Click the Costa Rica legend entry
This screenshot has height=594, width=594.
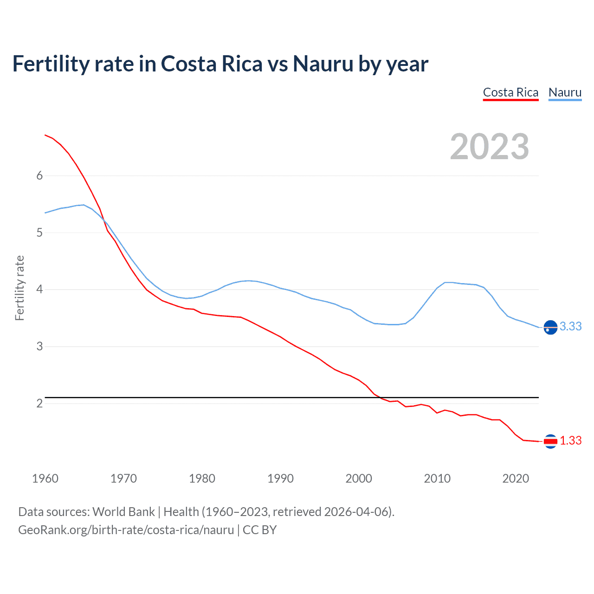tap(510, 92)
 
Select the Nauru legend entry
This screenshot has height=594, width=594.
tap(565, 92)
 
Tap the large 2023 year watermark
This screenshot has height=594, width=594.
tap(489, 147)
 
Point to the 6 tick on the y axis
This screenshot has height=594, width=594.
tap(39, 175)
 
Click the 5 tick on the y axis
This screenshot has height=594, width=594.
tap(39, 232)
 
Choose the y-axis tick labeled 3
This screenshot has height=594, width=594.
tap(39, 346)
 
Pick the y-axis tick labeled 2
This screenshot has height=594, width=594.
tap(39, 403)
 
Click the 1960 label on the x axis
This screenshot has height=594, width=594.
tap(45, 478)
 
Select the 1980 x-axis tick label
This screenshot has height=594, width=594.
tap(202, 478)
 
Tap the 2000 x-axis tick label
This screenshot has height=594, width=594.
tap(359, 478)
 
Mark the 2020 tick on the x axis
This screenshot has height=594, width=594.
tap(516, 478)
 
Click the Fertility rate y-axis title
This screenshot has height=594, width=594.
tap(19, 288)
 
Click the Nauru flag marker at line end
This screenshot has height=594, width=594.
tap(550, 327)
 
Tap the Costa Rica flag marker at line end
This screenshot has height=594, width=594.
tap(550, 441)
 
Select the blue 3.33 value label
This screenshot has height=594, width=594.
tap(570, 327)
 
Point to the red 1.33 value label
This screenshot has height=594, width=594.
tap(570, 441)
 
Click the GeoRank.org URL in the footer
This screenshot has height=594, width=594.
tap(126, 530)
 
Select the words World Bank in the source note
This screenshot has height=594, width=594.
tap(123, 512)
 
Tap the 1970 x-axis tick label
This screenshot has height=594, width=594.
tap(123, 478)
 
